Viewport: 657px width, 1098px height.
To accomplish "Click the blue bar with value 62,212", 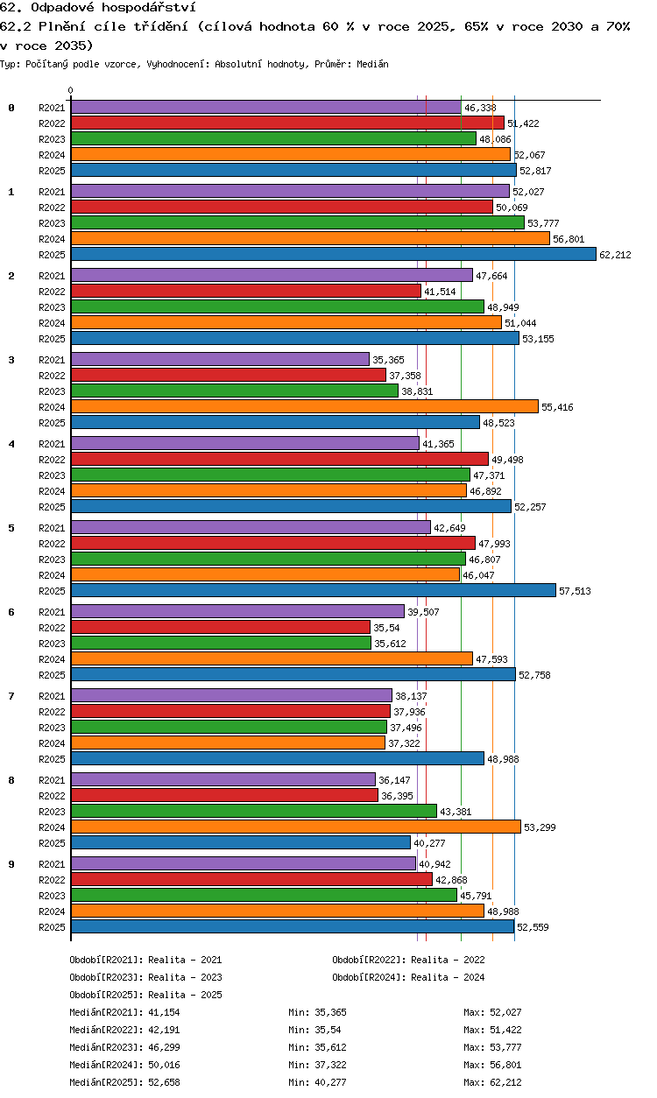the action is pyautogui.click(x=334, y=254).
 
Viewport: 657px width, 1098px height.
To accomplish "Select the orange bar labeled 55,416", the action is pyautogui.click(x=305, y=406).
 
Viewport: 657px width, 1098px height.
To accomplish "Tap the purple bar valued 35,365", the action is pyautogui.click(x=220, y=359).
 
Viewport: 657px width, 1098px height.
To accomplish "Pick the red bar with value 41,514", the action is pyautogui.click(x=245, y=292).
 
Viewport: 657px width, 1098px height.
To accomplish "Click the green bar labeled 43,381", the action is pyautogui.click(x=253, y=812).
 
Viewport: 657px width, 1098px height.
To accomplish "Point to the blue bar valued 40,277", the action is pyautogui.click(x=241, y=842).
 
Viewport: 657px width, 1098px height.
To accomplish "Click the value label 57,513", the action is pyautogui.click(x=575, y=591).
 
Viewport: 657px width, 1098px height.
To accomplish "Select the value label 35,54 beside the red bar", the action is pyautogui.click(x=386, y=628).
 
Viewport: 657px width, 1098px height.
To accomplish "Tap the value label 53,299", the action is pyautogui.click(x=540, y=827).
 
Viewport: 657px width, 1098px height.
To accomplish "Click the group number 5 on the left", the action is pyautogui.click(x=11, y=528).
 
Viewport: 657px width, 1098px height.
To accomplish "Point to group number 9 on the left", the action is pyautogui.click(x=11, y=864).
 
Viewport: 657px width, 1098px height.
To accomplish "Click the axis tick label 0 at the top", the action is pyautogui.click(x=71, y=90).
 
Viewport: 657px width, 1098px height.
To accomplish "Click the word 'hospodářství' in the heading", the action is pyautogui.click(x=149, y=7).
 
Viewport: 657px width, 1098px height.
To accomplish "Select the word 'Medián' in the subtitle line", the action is pyautogui.click(x=372, y=64).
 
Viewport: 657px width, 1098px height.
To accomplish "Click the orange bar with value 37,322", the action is pyautogui.click(x=228, y=743).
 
